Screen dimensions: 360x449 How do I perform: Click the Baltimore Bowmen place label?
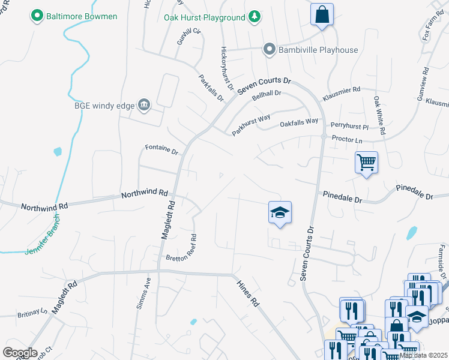coord(82,16)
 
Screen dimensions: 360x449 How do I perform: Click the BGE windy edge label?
coord(105,106)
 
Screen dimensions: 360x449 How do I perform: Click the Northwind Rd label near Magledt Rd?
coord(145,194)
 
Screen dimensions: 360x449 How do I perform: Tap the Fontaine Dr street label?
coord(162,149)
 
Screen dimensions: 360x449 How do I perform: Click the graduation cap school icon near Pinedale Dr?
coord(280,212)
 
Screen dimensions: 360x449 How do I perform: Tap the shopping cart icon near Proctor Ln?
coord(366,161)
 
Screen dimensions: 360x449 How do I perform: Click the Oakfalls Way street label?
coord(299,122)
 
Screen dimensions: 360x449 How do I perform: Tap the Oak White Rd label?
coord(379,115)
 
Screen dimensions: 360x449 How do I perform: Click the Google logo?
coord(20,352)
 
